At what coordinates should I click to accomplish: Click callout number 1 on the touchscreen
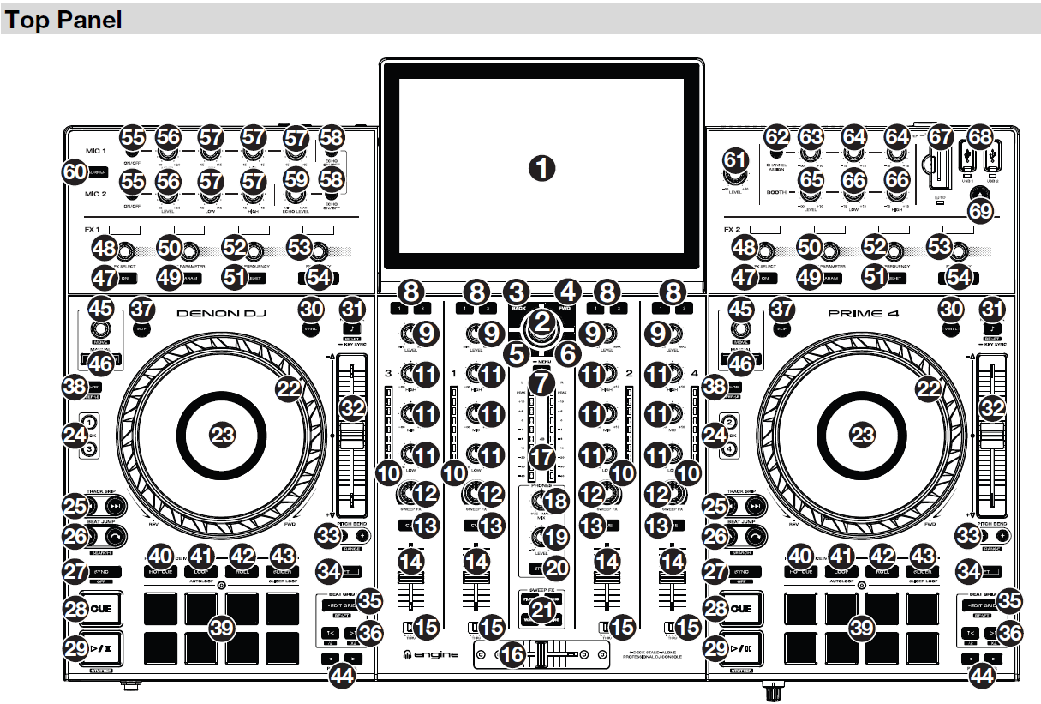click(x=540, y=167)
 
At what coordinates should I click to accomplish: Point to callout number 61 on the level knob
click(x=736, y=159)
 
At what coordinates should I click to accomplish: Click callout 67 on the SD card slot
click(x=941, y=137)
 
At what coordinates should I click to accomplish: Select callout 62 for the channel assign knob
click(x=776, y=137)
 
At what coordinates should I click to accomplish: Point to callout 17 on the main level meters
click(x=540, y=456)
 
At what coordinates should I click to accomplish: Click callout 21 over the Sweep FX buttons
click(x=540, y=610)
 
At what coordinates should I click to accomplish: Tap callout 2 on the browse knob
click(x=540, y=321)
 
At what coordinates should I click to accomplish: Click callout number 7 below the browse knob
click(x=540, y=383)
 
